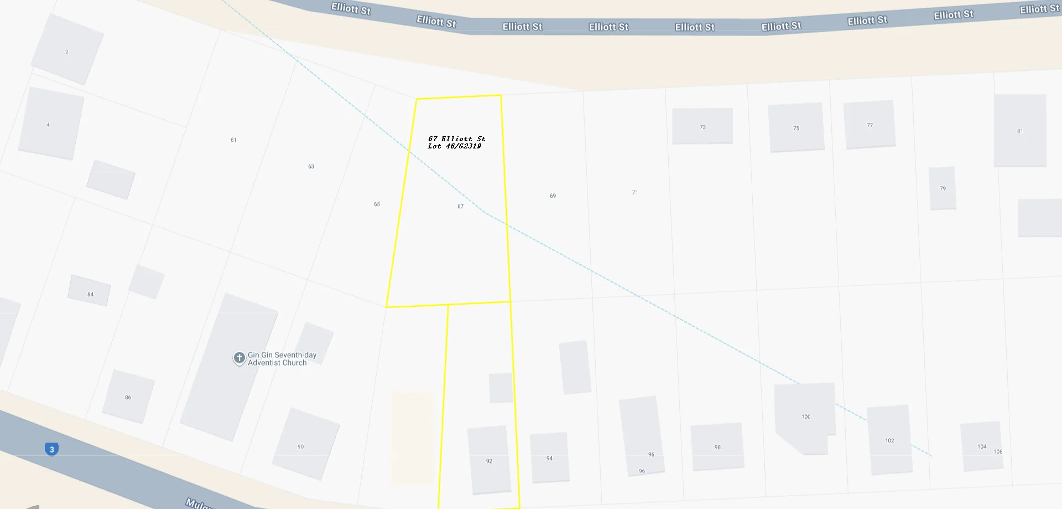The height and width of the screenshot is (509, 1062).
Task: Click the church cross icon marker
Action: click(x=239, y=358)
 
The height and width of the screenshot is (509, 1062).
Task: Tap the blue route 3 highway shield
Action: click(x=52, y=449)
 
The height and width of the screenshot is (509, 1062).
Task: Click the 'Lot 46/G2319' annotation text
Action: click(x=455, y=146)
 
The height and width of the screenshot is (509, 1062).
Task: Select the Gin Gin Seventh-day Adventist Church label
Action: click(x=282, y=359)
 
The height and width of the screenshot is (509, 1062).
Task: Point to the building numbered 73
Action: click(x=702, y=126)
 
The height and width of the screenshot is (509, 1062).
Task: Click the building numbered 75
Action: click(x=796, y=127)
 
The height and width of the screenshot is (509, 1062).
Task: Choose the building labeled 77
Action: click(x=870, y=125)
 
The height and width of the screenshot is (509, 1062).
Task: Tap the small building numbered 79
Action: click(x=943, y=188)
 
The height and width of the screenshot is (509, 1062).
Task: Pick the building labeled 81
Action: click(x=1020, y=131)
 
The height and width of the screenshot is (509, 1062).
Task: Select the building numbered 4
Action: click(x=50, y=124)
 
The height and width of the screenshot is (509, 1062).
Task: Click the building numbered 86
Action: click(x=128, y=397)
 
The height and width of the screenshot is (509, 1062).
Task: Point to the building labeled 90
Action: click(x=305, y=444)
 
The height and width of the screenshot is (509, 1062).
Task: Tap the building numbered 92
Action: click(x=489, y=460)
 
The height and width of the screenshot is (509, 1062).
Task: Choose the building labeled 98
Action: click(x=717, y=446)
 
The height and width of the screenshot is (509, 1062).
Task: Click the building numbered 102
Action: click(x=889, y=440)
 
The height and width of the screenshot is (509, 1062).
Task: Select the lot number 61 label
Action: click(x=233, y=140)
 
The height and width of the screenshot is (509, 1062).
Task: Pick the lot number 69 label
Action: click(x=553, y=196)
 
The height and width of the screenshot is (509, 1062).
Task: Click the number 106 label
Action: click(x=998, y=452)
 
